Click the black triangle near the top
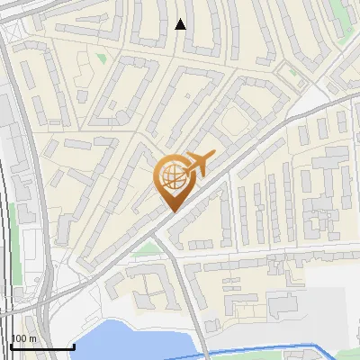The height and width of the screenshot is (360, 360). [x=181, y=24]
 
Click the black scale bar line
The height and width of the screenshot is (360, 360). [x=42, y=346]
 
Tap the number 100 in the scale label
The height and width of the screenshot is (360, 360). [x=17, y=338]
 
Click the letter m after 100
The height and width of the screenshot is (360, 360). [x=31, y=338]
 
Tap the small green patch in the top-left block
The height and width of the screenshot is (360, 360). [x=101, y=58]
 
